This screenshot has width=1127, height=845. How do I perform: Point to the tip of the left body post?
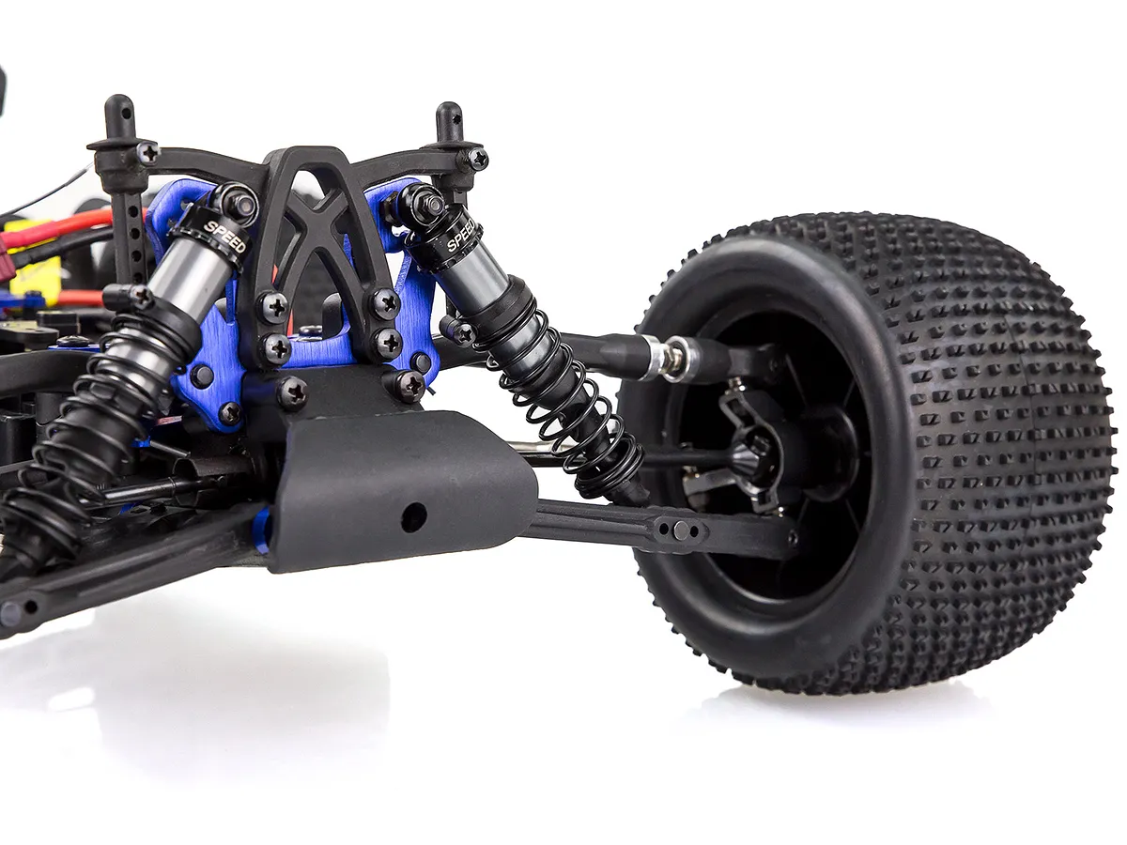pos(119,99)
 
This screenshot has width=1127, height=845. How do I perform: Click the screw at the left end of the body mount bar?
pos(149,152)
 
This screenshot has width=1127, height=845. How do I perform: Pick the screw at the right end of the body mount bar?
pos(478,157)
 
